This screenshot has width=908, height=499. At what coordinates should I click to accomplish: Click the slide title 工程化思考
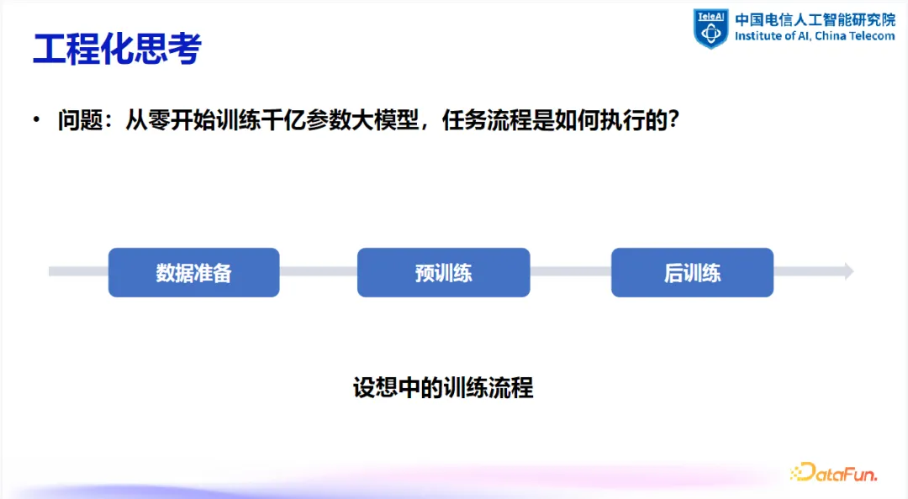(117, 49)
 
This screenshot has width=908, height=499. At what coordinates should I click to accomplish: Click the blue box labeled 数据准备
(193, 272)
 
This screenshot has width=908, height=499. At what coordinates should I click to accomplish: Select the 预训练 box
(443, 272)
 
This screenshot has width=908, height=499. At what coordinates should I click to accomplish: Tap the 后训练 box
(692, 272)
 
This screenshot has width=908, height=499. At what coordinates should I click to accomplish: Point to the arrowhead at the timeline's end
(848, 271)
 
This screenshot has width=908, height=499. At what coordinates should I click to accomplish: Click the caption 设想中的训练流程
(443, 388)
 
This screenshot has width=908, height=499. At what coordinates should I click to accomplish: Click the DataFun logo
(834, 472)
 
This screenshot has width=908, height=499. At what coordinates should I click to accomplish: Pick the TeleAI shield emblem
(711, 28)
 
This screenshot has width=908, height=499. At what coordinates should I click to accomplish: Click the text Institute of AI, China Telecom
(814, 37)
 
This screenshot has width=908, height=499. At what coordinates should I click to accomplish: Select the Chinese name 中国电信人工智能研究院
(814, 19)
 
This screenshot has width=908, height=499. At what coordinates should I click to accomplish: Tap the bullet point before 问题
(36, 120)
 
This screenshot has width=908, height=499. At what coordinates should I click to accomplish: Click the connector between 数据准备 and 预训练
(318, 271)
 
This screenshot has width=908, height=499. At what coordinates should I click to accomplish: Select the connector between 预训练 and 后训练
(570, 271)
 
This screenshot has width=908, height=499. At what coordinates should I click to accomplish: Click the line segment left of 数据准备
(78, 271)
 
